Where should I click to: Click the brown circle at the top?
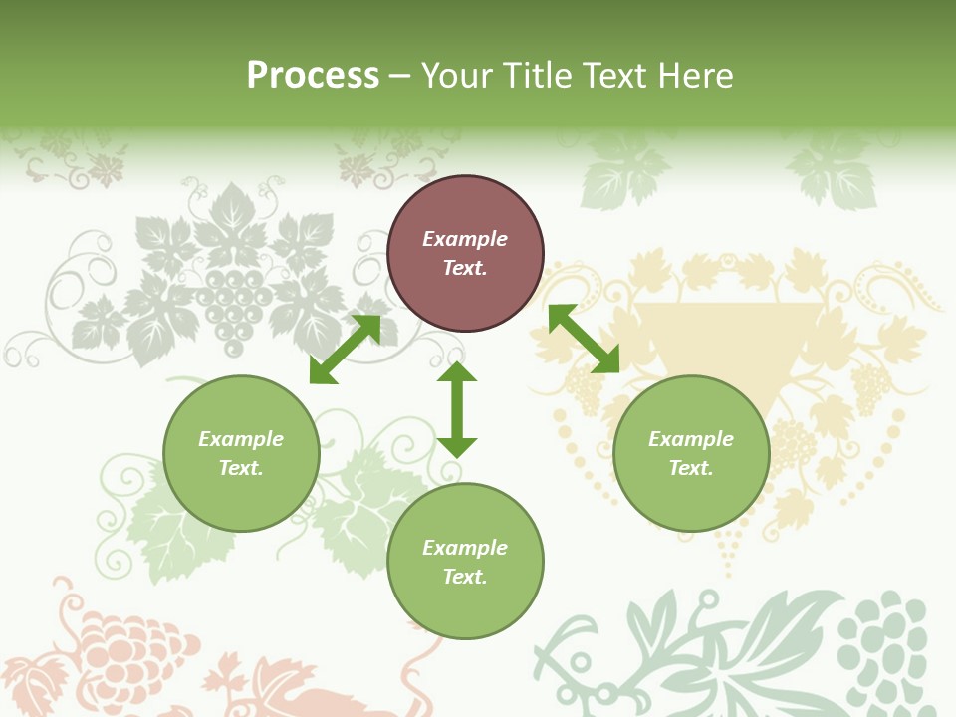point(465,253)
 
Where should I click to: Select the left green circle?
point(241,453)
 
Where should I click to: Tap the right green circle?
point(691,453)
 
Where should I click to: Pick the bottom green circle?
point(465,561)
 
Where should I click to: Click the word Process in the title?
point(313,76)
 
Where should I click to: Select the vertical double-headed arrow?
point(457,409)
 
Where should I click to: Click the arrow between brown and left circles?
point(345,349)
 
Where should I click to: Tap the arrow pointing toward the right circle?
point(584,339)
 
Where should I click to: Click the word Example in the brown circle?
point(465,239)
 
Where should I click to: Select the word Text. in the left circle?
point(241,468)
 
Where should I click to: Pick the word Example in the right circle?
point(691,439)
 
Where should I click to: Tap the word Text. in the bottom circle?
point(465,577)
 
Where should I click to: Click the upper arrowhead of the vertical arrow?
point(457,374)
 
